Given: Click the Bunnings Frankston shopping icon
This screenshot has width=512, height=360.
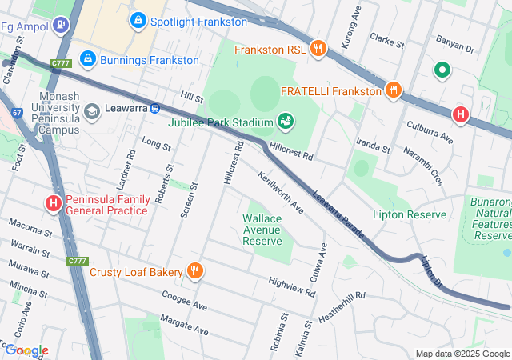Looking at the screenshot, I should click(89, 60).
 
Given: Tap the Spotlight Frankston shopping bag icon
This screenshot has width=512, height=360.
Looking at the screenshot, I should click(138, 18).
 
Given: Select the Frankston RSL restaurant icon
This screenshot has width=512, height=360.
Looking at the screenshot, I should click(318, 50).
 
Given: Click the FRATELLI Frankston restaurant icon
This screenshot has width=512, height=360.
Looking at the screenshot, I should click(392, 90).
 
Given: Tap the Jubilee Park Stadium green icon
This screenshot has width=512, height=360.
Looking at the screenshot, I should click(284, 122).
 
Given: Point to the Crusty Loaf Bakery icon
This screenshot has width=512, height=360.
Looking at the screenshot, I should click(194, 272).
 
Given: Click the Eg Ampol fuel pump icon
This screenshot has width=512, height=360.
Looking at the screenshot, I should click(60, 26).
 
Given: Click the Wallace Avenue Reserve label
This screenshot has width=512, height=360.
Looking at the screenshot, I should click(262, 229).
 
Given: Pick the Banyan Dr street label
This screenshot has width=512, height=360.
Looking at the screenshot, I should click(454, 43).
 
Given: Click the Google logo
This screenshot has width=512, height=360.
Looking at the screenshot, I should click(26, 350).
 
